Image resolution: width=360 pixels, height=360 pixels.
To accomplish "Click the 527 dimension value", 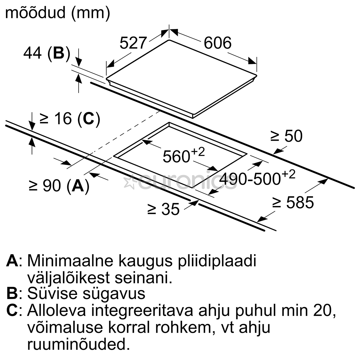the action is coord(133,43).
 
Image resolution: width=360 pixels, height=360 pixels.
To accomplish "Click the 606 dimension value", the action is coord(218,43).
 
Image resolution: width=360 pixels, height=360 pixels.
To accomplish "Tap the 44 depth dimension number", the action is coord(32,53).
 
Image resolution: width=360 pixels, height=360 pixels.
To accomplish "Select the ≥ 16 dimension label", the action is coord(56,119).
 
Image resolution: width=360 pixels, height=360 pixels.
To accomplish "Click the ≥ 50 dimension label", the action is coord(287,136).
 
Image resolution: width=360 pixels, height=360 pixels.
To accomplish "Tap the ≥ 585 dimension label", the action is coord(293,203).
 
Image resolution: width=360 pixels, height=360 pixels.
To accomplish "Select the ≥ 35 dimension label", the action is coord(163,209).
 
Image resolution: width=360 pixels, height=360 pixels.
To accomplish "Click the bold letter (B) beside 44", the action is coord(59,53).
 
